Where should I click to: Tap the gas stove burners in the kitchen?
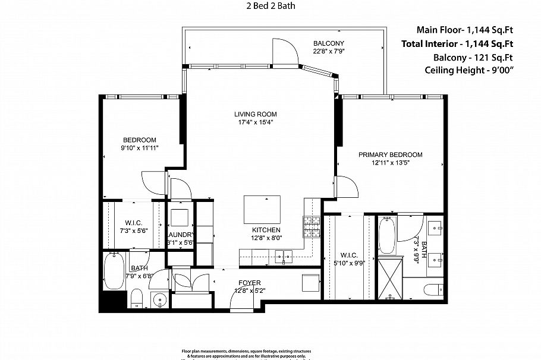click(x=312, y=226)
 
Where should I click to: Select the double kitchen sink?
click(x=287, y=257)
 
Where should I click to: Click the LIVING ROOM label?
click(x=255, y=114)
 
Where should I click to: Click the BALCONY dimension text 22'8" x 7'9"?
click(x=329, y=52)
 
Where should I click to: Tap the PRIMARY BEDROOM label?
click(x=390, y=154)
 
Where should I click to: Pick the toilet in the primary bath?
click(x=432, y=290)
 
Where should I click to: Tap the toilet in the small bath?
click(x=136, y=298)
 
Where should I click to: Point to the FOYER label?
click(x=249, y=283)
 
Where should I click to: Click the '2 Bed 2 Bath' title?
click(x=270, y=7)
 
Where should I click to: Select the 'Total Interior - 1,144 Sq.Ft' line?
click(x=457, y=43)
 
